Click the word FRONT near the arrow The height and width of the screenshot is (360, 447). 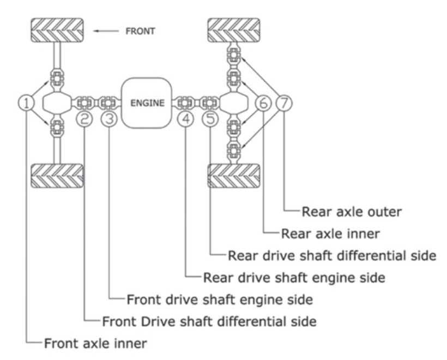click(140, 31)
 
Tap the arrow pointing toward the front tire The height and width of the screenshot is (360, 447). click(106, 31)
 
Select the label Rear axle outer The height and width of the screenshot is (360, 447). click(352, 212)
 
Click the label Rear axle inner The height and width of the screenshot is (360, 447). click(330, 234)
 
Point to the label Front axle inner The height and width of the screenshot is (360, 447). click(95, 344)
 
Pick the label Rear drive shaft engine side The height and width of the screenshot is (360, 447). click(294, 278)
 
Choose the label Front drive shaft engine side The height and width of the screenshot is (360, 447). click(220, 300)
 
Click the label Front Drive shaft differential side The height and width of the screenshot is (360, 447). click(209, 321)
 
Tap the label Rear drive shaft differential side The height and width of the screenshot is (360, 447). click(332, 256)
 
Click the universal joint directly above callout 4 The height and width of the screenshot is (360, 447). click(185, 103)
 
